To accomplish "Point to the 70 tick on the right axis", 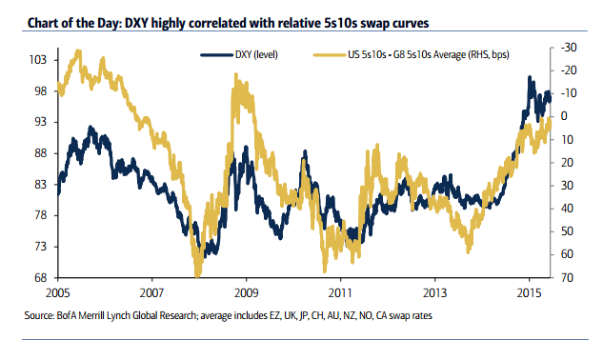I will (x=564, y=278).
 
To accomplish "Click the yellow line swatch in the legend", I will (x=328, y=56).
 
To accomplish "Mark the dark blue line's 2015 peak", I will (x=530, y=78).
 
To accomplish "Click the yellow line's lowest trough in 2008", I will (x=197, y=275).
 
